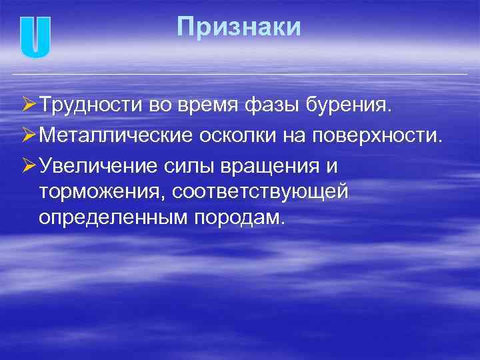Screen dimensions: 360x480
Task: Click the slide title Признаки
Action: tap(239, 27)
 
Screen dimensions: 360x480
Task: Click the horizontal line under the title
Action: tap(240, 73)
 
